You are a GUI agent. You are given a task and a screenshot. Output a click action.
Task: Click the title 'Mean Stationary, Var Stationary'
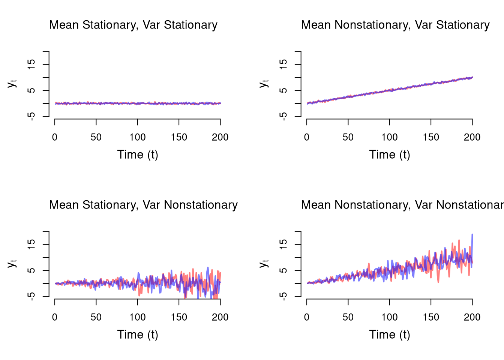[133, 25]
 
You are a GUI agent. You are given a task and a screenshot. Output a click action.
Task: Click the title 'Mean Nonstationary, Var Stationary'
[395, 25]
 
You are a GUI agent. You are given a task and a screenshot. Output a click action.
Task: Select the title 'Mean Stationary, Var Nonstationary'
[143, 205]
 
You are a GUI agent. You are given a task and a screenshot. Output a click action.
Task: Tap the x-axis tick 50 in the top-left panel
[96, 137]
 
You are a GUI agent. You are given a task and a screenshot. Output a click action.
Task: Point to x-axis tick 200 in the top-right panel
[472, 137]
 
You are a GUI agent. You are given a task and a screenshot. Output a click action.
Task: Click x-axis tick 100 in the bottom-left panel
[138, 317]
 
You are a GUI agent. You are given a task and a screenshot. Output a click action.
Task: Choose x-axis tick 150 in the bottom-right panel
[431, 317]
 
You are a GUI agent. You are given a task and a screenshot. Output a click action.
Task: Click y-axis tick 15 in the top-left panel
[32, 64]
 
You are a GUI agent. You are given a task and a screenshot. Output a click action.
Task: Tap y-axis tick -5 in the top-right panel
[284, 116]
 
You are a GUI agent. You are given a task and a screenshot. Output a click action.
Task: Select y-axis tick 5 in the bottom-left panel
[32, 270]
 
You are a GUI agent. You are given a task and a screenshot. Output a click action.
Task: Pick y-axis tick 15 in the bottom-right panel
[284, 244]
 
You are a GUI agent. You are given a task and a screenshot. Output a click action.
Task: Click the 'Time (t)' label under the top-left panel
[138, 154]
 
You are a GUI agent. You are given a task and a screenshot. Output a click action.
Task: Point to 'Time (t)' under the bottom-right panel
[390, 334]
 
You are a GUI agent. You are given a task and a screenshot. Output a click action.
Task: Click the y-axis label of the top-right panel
[264, 83]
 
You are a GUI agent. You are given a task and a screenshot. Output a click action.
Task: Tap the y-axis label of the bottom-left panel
[12, 263]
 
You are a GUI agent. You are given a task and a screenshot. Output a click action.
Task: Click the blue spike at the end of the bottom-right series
[472, 235]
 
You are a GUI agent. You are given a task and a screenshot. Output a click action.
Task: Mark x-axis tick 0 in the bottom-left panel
[55, 317]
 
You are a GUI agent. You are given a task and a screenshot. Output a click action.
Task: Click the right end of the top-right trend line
[472, 77]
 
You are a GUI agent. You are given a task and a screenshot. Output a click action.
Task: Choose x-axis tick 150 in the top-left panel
[179, 137]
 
